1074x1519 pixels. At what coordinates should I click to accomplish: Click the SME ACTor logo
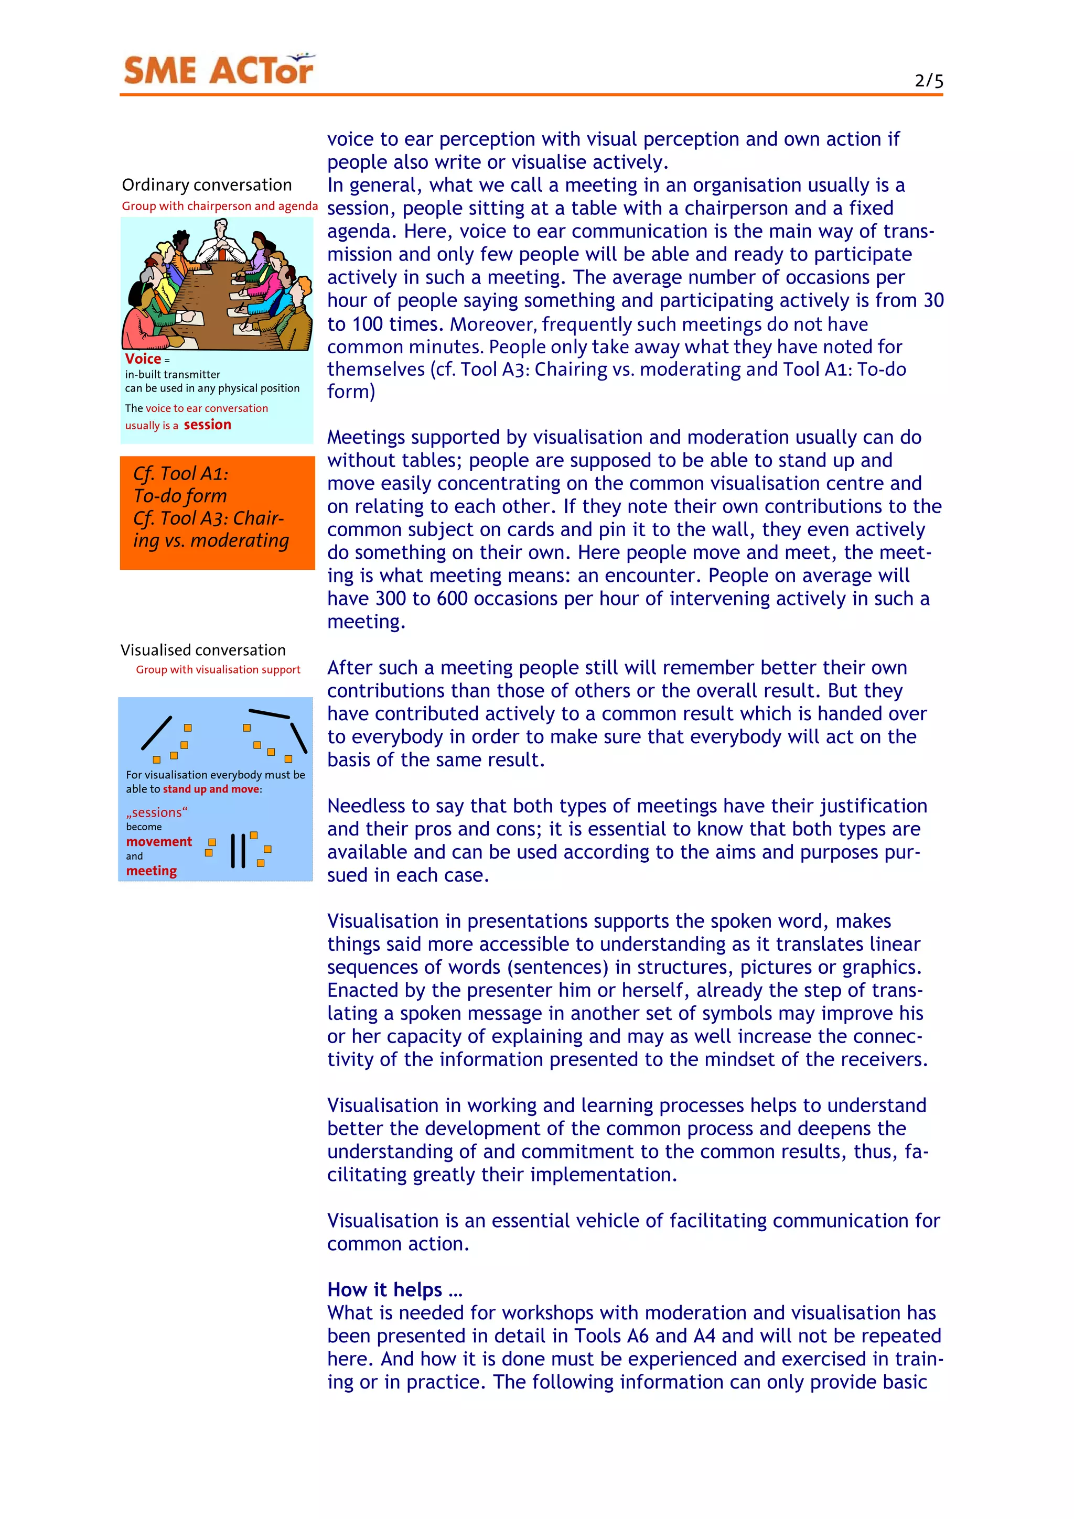pyautogui.click(x=218, y=70)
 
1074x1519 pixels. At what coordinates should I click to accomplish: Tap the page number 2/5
pyautogui.click(x=928, y=81)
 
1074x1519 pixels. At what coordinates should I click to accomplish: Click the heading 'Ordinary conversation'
pyautogui.click(x=207, y=185)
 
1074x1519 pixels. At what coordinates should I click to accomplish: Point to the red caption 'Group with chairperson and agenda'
pyautogui.click(x=220, y=206)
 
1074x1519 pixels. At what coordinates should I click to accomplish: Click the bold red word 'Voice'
pyautogui.click(x=143, y=359)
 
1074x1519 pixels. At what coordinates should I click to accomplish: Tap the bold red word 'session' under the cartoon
pyautogui.click(x=207, y=425)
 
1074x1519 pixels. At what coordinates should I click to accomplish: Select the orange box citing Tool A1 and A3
pyautogui.click(x=217, y=512)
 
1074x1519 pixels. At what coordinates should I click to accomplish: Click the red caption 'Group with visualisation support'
pyautogui.click(x=218, y=669)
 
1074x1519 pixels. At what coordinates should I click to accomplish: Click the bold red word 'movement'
pyautogui.click(x=159, y=842)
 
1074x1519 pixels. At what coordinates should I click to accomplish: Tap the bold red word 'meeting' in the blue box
pyautogui.click(x=152, y=871)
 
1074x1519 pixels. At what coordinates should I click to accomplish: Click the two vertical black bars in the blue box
pyautogui.click(x=238, y=850)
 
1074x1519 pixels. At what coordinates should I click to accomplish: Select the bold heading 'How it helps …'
pyautogui.click(x=394, y=1289)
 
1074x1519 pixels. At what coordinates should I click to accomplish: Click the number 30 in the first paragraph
pyautogui.click(x=933, y=300)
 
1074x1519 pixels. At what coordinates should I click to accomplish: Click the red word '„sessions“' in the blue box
pyautogui.click(x=157, y=812)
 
